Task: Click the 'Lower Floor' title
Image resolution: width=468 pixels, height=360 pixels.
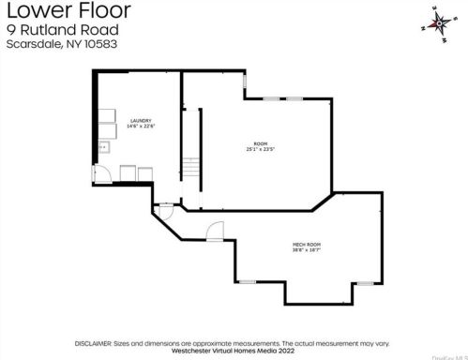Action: pyautogui.click(x=66, y=11)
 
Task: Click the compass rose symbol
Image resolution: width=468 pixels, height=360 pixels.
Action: pyautogui.click(x=438, y=22)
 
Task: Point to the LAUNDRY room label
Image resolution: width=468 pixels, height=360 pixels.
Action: pyautogui.click(x=141, y=120)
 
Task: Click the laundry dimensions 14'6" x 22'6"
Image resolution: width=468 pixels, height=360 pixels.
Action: pyautogui.click(x=141, y=127)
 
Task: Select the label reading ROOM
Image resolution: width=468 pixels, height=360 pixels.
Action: pyautogui.click(x=260, y=142)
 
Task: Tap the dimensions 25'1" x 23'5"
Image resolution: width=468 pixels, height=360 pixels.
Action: pyautogui.click(x=260, y=149)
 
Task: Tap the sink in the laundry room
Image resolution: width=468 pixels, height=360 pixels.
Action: pyautogui.click(x=104, y=147)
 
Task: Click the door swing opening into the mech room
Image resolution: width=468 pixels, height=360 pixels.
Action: pyautogui.click(x=216, y=231)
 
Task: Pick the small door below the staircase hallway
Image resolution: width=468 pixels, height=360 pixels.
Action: pyautogui.click(x=166, y=209)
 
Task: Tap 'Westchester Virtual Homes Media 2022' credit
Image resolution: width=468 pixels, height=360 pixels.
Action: pyautogui.click(x=234, y=350)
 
